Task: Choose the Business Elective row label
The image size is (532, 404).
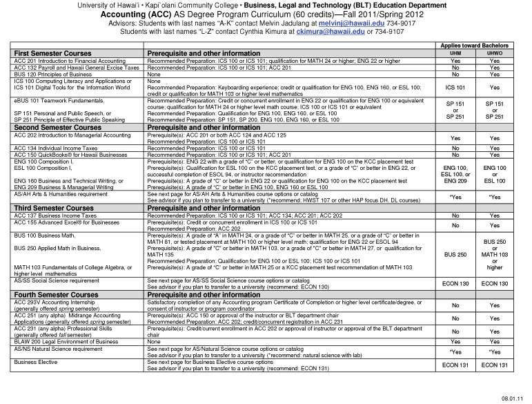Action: click(35, 362)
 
